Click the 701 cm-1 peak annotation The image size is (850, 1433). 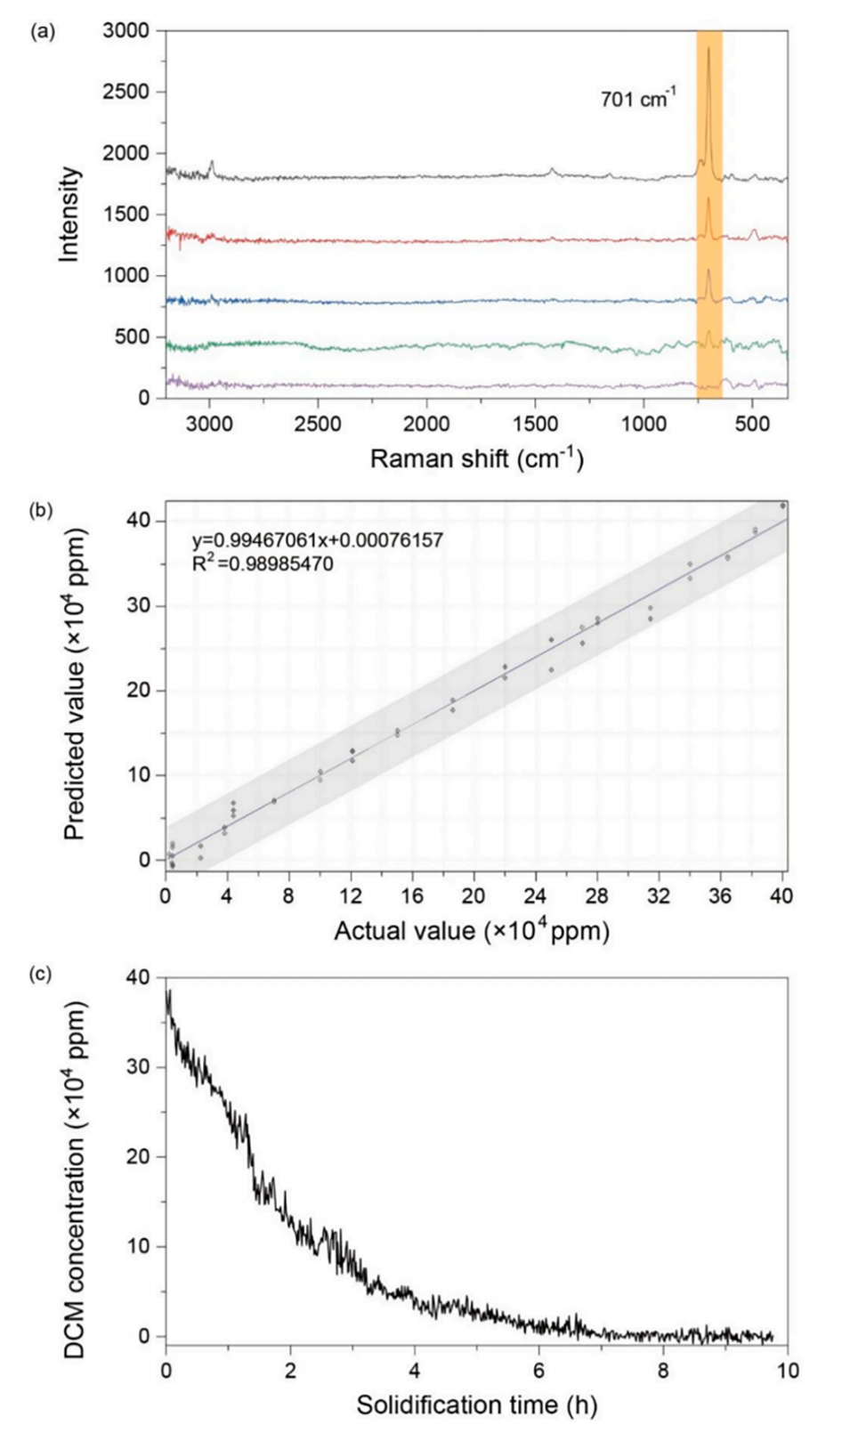point(637,98)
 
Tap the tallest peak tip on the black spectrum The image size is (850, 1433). point(708,49)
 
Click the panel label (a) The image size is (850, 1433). point(43,33)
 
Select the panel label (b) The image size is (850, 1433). point(43,511)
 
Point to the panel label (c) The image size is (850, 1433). point(43,974)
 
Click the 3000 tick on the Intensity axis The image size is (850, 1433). point(126,31)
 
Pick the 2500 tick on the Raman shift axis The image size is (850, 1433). point(318,424)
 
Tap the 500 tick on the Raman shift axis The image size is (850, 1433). point(752,424)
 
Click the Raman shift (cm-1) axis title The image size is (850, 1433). point(476,458)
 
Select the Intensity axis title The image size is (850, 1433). point(69,215)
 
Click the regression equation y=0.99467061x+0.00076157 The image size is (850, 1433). point(317,540)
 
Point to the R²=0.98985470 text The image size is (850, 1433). point(263,563)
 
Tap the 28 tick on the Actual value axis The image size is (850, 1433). point(597,895)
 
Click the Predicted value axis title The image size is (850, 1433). point(75,684)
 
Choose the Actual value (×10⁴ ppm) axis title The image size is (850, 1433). point(472,931)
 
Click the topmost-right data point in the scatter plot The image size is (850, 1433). point(782,506)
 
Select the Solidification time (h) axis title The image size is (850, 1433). point(476,1405)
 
